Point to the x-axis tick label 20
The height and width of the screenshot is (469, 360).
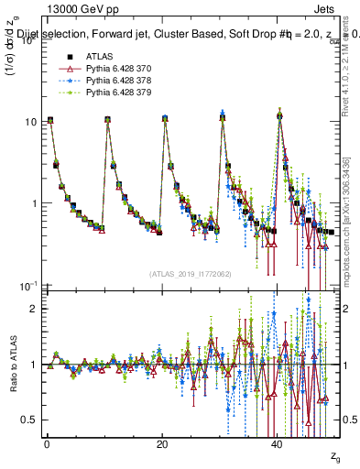tap(162, 442)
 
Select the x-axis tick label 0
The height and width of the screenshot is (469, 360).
tap(47, 442)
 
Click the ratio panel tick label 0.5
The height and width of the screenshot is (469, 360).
tap(30, 420)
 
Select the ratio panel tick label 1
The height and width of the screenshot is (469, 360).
tap(34, 365)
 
